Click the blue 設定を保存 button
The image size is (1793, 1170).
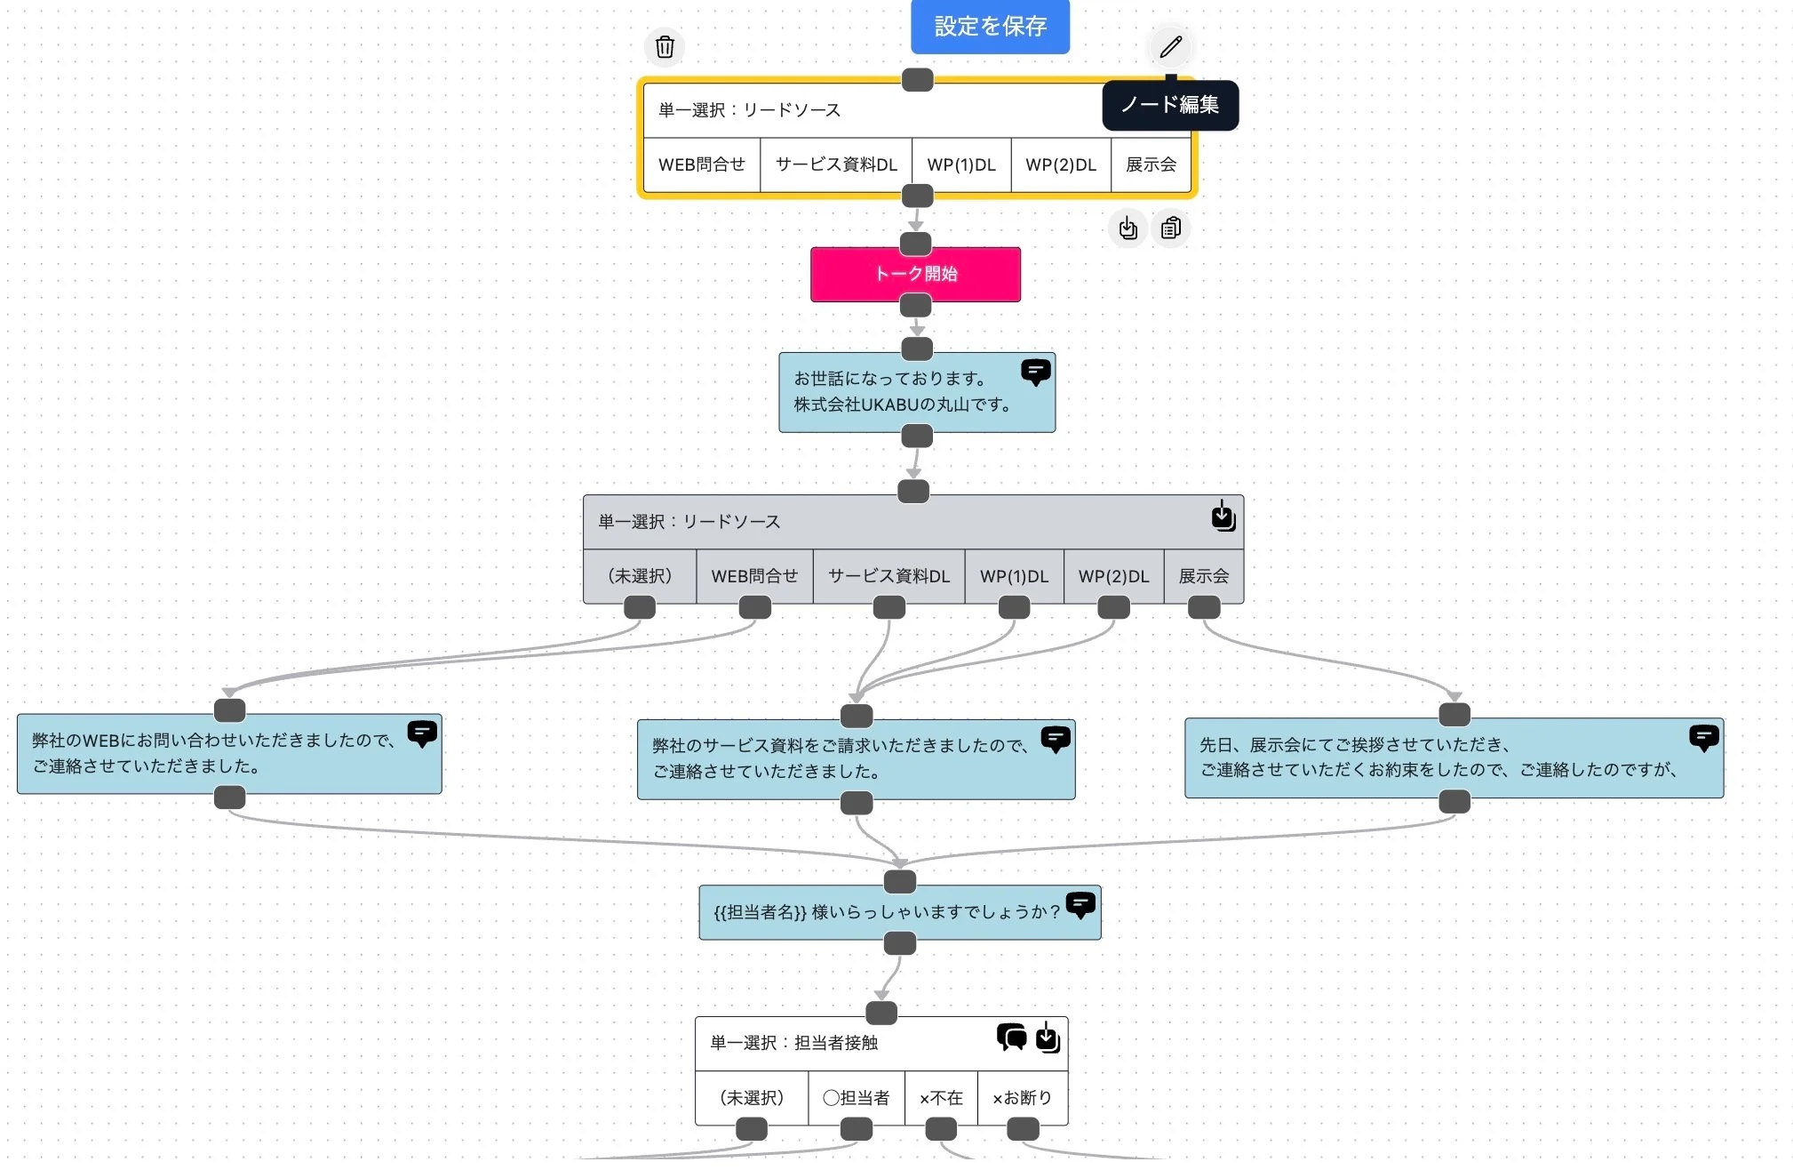click(989, 27)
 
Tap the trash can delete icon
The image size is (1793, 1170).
click(665, 47)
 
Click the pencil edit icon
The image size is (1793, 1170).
click(1170, 46)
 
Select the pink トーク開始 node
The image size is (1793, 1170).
click(915, 274)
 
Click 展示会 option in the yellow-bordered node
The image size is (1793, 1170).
click(1150, 164)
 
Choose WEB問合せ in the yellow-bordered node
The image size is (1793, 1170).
click(701, 164)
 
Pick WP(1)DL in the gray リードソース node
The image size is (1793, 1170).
click(1014, 576)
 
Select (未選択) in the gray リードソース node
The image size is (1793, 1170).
click(640, 576)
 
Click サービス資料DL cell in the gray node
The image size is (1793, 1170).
click(889, 576)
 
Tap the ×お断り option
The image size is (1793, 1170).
click(1022, 1098)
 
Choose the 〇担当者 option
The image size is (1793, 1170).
click(856, 1098)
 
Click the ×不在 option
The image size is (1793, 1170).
click(941, 1098)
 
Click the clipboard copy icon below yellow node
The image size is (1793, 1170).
click(1170, 228)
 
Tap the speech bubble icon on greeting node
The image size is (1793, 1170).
click(1035, 372)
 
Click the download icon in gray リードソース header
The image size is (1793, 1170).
click(1223, 517)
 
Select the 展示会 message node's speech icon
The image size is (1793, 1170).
click(1703, 738)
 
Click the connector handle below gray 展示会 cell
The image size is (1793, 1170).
click(1204, 608)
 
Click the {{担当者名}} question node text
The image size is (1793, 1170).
click(886, 912)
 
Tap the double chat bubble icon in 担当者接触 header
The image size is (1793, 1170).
click(1011, 1037)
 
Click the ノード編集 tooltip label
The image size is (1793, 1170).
click(1169, 105)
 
